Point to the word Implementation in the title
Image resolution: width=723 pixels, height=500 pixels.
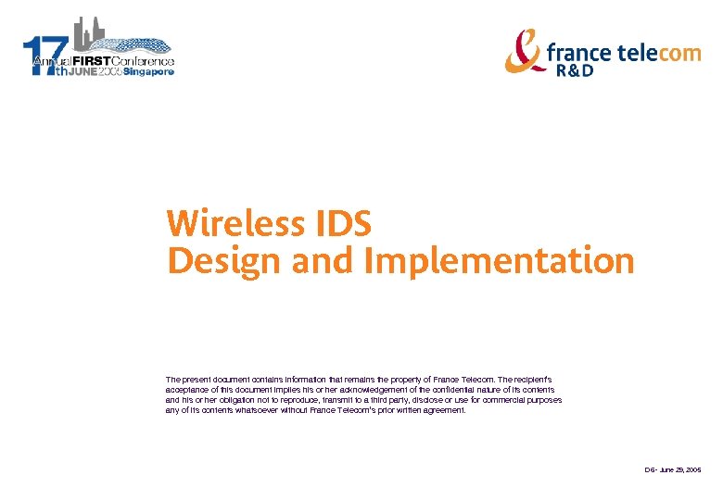tap(500, 262)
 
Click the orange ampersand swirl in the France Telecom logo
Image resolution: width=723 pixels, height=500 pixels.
tap(525, 50)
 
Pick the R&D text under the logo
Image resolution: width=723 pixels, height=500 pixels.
tap(575, 71)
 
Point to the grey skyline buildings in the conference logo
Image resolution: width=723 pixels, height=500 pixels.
tap(87, 33)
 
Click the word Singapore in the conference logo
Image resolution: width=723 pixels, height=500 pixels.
tap(148, 72)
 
